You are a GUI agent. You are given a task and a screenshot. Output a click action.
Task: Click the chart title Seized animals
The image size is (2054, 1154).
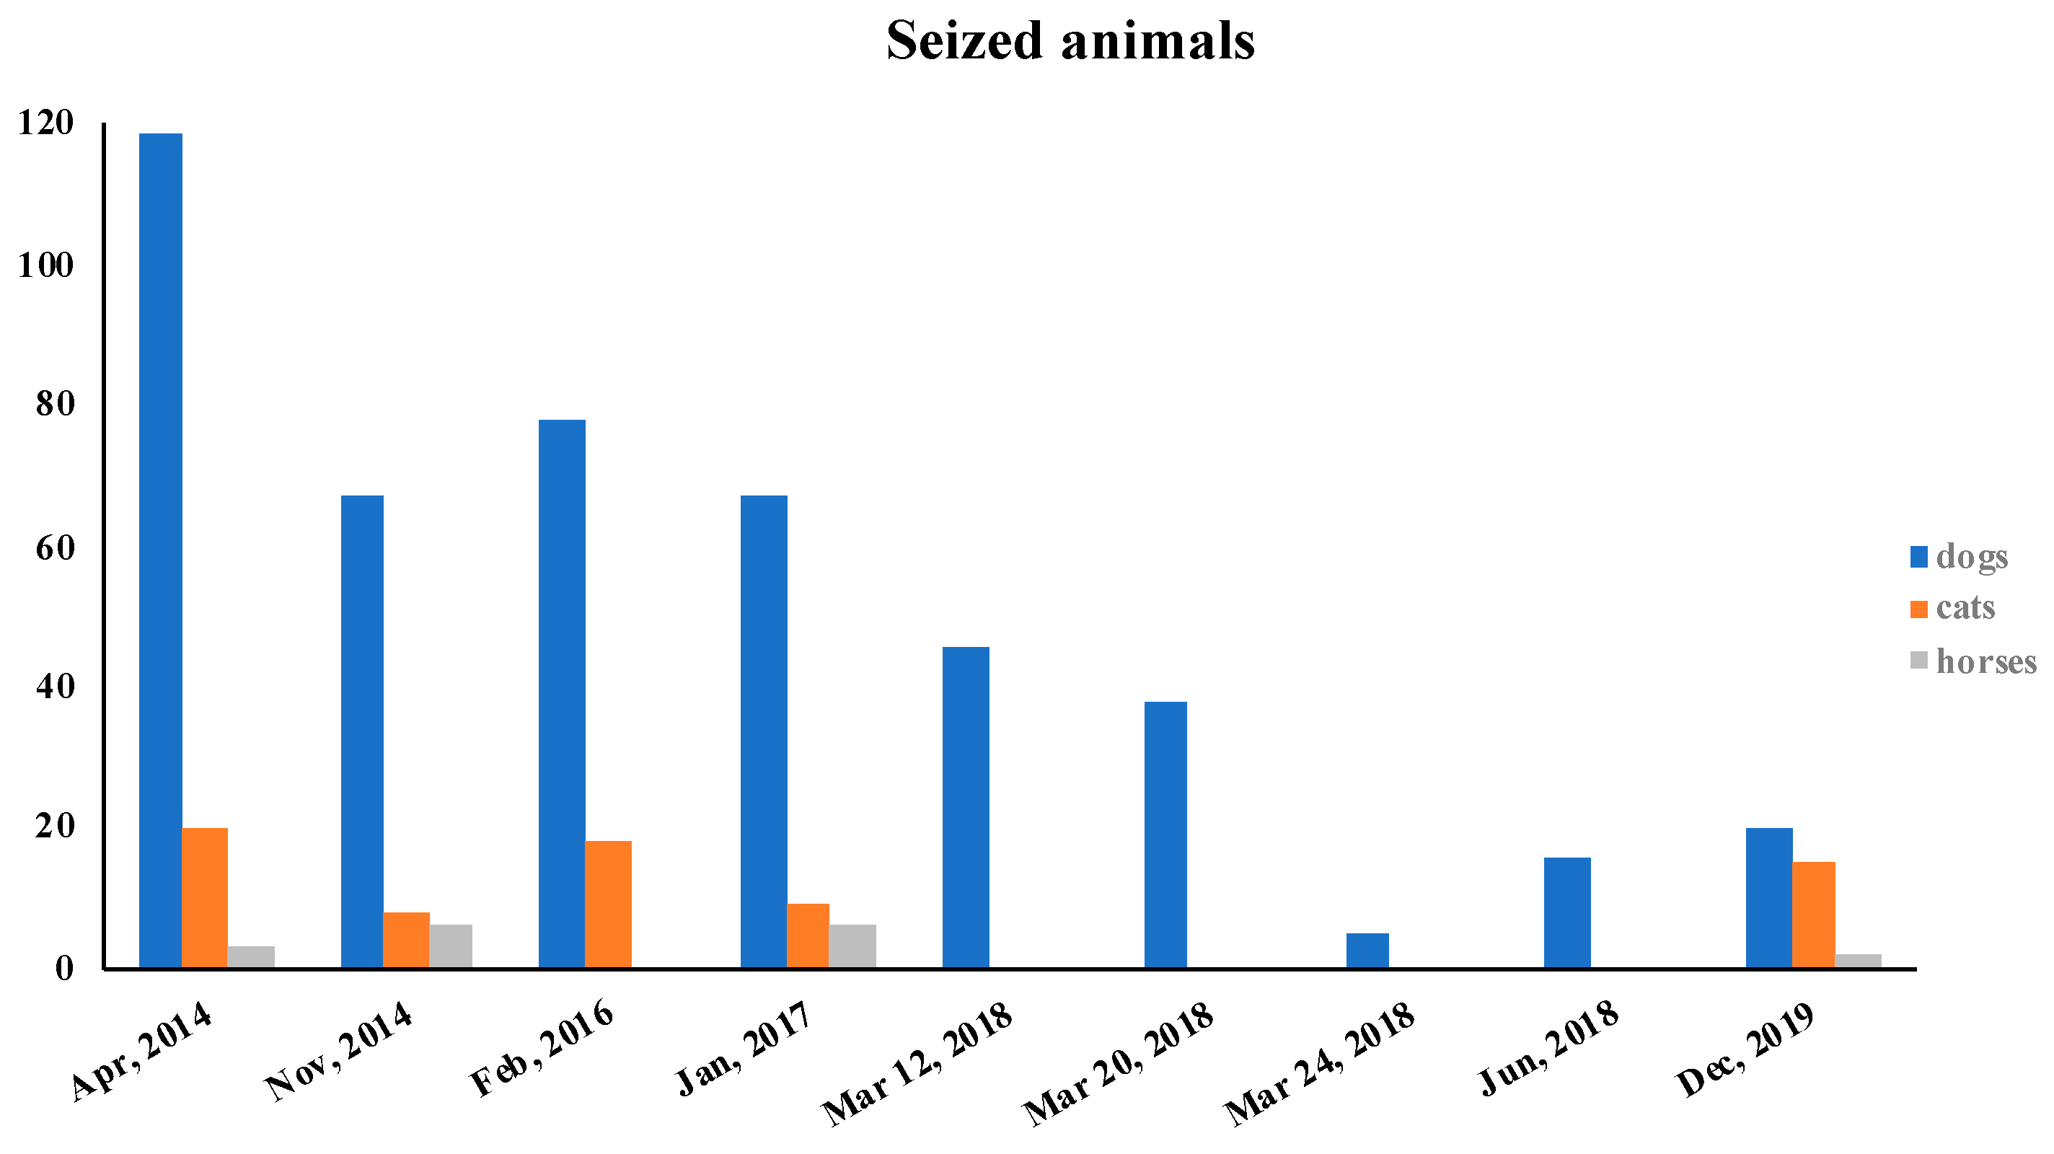tap(1070, 40)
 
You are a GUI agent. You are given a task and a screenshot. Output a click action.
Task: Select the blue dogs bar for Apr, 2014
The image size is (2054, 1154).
tap(160, 550)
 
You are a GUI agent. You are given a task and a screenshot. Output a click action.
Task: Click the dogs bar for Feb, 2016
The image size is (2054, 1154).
tap(561, 694)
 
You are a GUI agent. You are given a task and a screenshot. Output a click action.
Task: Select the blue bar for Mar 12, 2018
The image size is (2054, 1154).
tap(966, 807)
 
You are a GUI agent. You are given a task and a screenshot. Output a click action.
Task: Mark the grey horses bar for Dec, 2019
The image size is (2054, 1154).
tap(1858, 960)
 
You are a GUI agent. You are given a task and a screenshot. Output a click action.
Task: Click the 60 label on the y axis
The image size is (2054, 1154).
tap(54, 548)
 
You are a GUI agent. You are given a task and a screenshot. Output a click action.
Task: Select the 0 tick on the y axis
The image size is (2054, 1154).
tap(63, 968)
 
